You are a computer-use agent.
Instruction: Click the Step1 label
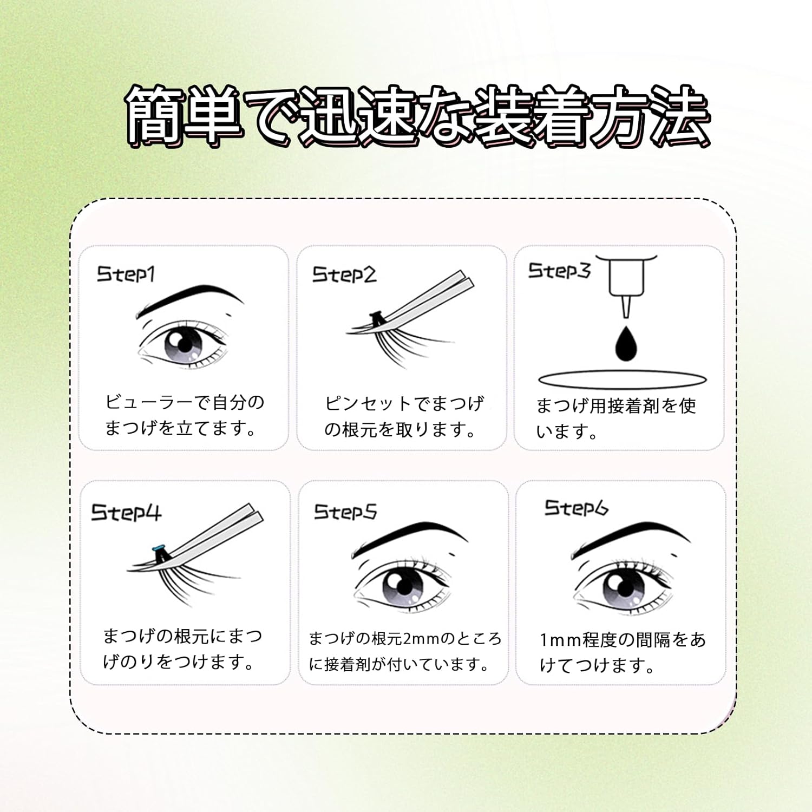[126, 274]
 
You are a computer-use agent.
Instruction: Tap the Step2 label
[344, 275]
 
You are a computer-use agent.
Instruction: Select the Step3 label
[559, 271]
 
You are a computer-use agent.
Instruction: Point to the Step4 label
[126, 512]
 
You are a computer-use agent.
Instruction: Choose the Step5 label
[345, 512]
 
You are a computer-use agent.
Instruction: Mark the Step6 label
[576, 508]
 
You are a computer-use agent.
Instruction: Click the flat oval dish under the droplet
[623, 379]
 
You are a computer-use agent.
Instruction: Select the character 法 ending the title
[679, 116]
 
